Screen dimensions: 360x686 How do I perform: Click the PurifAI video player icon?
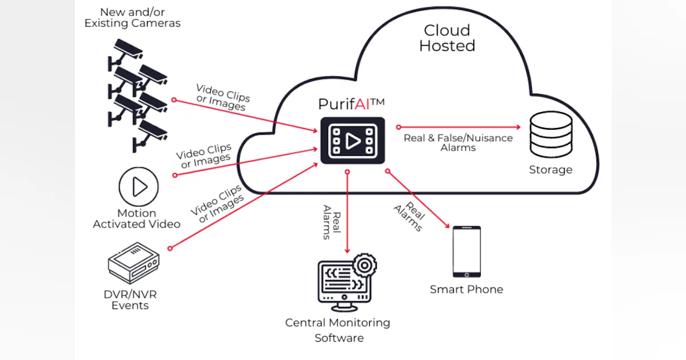352,140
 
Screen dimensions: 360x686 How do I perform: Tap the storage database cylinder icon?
551,134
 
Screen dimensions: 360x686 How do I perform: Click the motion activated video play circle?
138,186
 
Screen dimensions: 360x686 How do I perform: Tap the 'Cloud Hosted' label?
447,38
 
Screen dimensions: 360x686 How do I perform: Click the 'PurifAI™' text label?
351,103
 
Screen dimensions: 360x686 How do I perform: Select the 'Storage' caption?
551,170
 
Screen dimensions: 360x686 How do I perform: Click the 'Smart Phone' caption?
466,289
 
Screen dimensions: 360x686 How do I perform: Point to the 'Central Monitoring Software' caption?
338,330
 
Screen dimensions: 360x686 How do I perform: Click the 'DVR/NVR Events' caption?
130,300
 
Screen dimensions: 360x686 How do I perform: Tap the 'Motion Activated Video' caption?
137,219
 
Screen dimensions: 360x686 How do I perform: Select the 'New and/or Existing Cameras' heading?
133,18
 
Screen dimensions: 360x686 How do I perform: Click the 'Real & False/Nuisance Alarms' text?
458,142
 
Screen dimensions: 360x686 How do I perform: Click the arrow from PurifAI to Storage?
457,127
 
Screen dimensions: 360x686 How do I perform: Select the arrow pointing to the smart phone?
417,199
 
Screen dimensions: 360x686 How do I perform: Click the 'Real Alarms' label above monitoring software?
332,222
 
